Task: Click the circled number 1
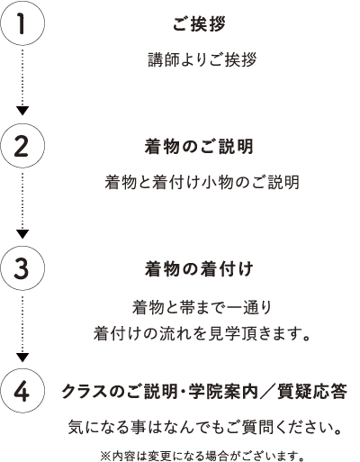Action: click(x=22, y=23)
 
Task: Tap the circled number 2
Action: click(x=22, y=146)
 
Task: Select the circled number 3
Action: click(x=22, y=268)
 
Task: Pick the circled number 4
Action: click(x=22, y=391)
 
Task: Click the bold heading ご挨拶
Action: click(x=199, y=23)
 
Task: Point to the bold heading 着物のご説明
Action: click(x=199, y=146)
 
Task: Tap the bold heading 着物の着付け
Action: click(x=199, y=268)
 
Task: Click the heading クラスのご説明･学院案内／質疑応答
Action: click(x=204, y=392)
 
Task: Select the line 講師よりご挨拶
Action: click(x=202, y=59)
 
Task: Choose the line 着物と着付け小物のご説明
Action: click(x=202, y=182)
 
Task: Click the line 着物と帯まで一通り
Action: click(x=202, y=308)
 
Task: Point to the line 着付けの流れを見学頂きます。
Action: click(x=202, y=333)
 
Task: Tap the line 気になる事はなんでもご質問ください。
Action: click(x=205, y=427)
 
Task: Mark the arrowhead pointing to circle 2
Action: click(x=22, y=111)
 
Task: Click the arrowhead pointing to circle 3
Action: click(x=22, y=234)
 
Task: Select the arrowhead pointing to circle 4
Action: click(x=22, y=358)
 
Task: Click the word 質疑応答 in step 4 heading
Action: click(x=312, y=392)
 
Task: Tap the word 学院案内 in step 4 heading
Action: click(x=223, y=392)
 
